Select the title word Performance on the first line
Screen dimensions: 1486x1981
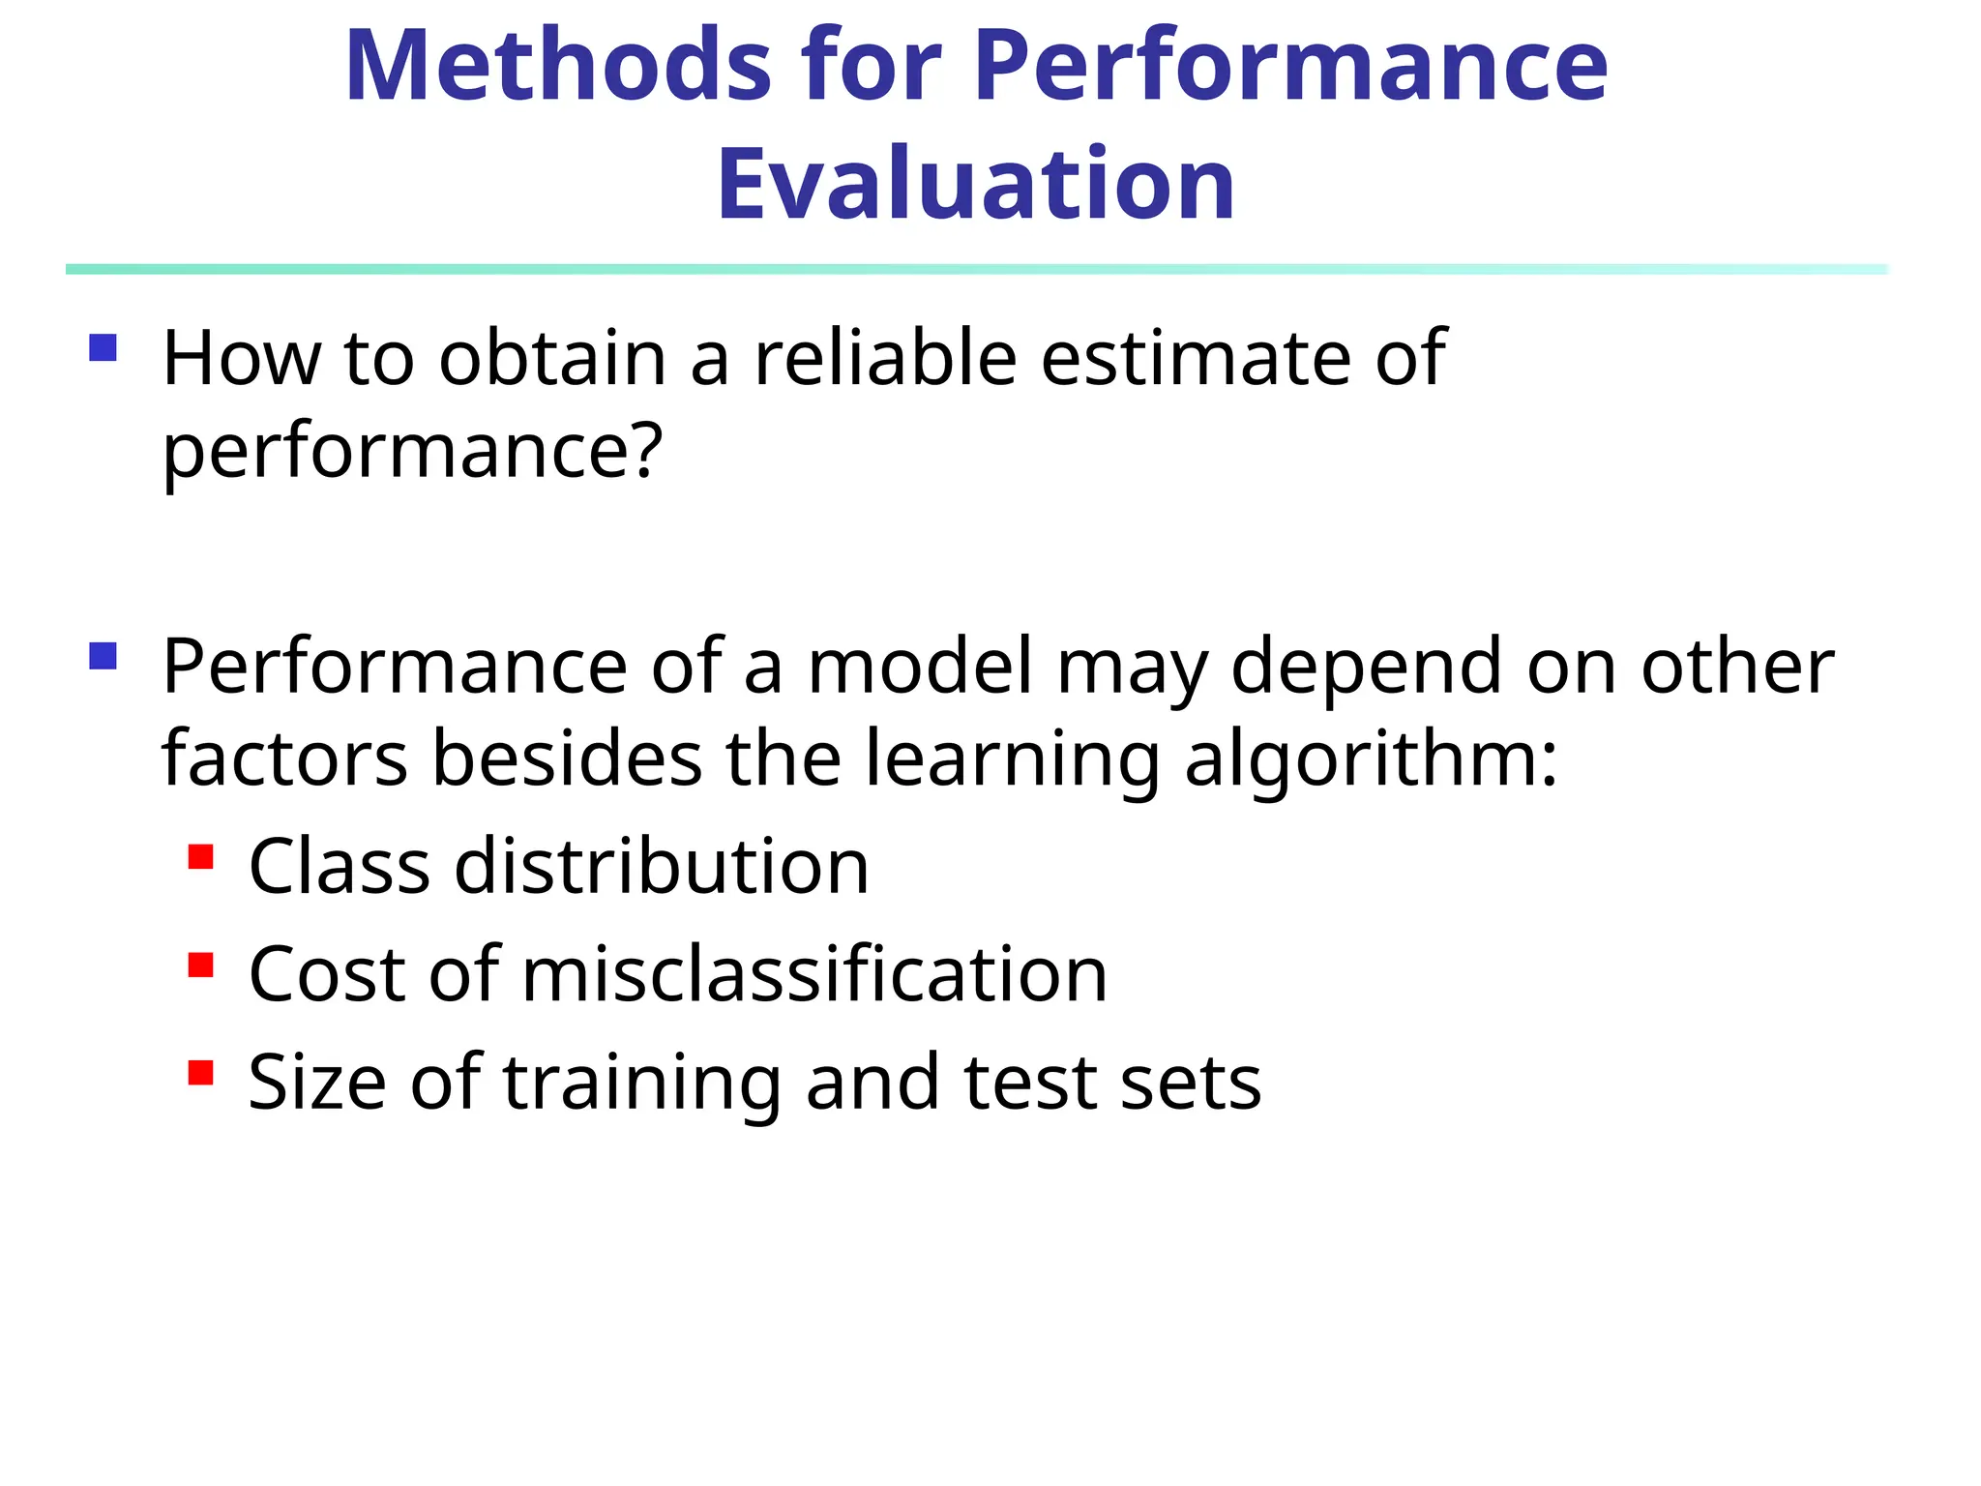[x=1290, y=66]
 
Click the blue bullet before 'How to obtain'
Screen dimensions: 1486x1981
[x=103, y=347]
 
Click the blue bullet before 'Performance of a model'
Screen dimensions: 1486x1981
[x=103, y=657]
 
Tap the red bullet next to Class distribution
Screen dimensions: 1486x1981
[x=201, y=857]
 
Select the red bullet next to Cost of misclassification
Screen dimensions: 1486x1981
[x=201, y=966]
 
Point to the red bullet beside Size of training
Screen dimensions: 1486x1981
[x=201, y=1073]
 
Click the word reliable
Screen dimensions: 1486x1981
[x=884, y=358]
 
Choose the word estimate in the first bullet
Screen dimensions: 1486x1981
[x=1196, y=358]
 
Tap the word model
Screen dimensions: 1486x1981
[x=920, y=667]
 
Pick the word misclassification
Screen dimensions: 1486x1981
[x=814, y=974]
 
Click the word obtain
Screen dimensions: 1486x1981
[x=552, y=358]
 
